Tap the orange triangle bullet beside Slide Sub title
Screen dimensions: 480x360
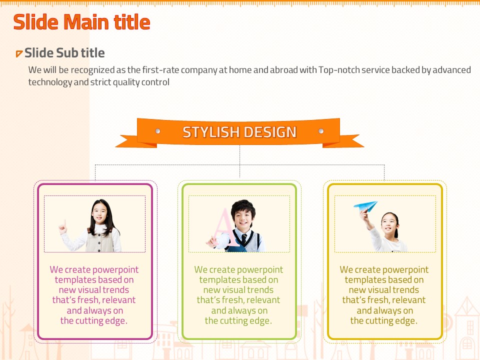coord(19,53)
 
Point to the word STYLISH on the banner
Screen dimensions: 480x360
coord(211,132)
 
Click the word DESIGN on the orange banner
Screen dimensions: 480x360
coord(270,132)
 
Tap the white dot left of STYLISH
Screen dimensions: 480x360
coord(157,131)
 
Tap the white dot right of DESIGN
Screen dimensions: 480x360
coord(321,131)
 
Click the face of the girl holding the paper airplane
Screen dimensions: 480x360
coord(388,225)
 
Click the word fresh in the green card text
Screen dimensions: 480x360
coord(232,300)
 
